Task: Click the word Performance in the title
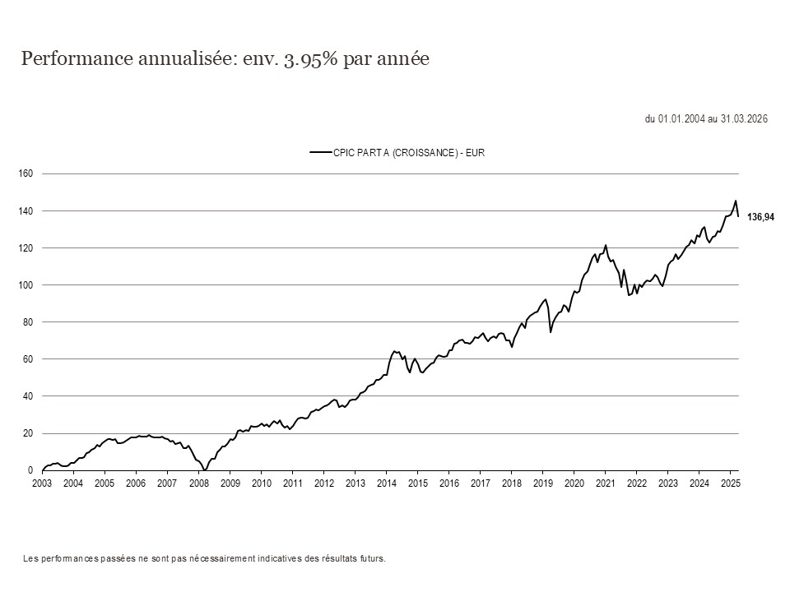[71, 60]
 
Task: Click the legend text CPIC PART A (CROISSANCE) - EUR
[409, 152]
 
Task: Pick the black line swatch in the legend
[319, 152]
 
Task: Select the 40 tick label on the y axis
[27, 396]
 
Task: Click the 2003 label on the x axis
[42, 483]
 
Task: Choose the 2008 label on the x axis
[198, 483]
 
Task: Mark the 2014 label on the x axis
[386, 483]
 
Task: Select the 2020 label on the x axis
[574, 483]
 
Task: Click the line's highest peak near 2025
[735, 201]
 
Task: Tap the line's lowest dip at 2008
[204, 469]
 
